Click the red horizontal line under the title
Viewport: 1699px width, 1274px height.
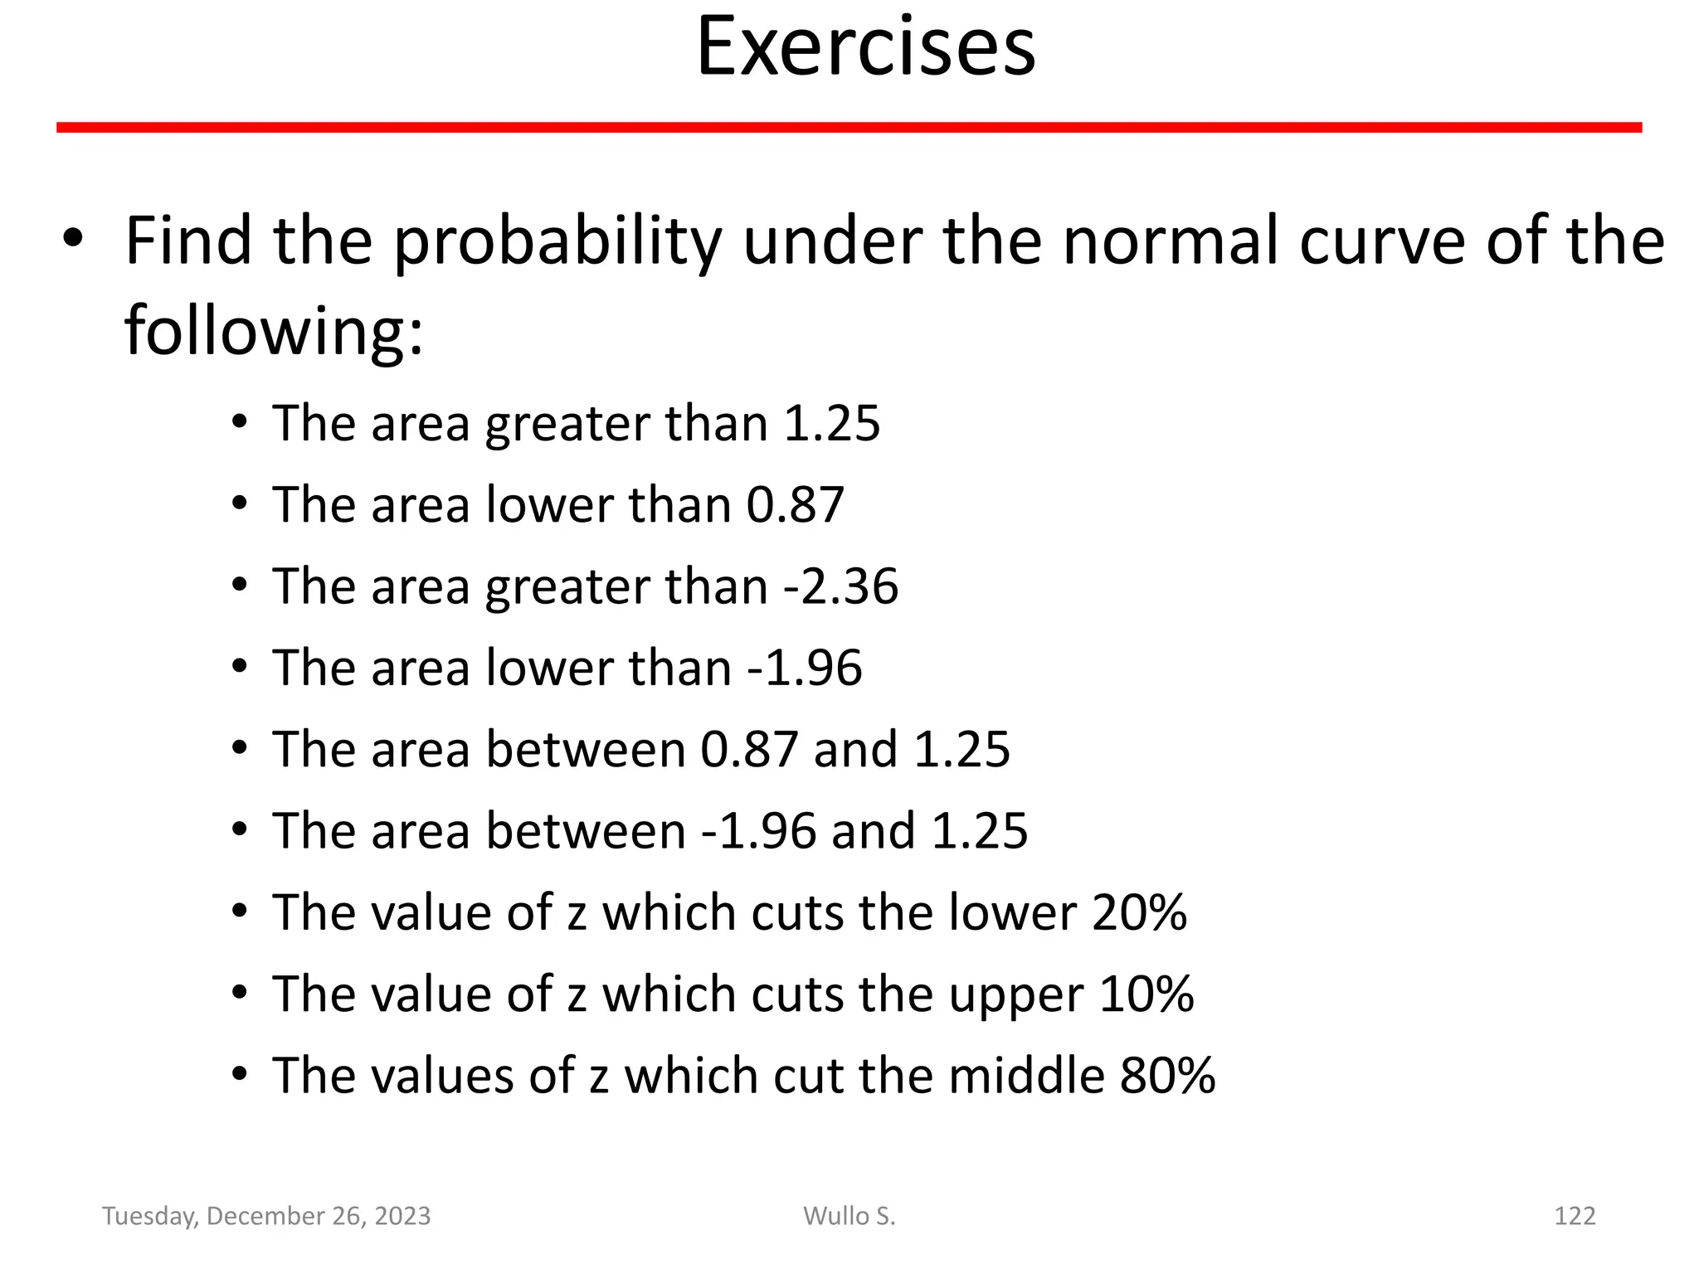click(849, 127)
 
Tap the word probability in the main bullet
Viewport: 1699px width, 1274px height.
click(557, 241)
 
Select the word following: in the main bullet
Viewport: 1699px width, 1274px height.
click(274, 330)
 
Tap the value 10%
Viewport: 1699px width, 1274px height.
click(1146, 994)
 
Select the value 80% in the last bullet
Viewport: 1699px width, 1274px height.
click(1167, 1075)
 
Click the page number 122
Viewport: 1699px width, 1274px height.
click(1574, 1216)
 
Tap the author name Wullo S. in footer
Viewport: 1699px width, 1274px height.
click(849, 1216)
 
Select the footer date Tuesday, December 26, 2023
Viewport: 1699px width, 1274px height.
click(266, 1216)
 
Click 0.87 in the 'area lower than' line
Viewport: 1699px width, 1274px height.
click(795, 504)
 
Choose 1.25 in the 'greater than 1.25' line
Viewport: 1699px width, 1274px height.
click(831, 423)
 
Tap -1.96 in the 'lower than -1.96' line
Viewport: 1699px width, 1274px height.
click(805, 668)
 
